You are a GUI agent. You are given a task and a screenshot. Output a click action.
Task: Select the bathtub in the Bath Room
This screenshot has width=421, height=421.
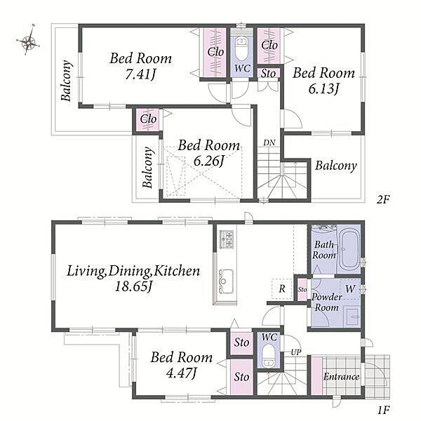pyautogui.click(x=348, y=249)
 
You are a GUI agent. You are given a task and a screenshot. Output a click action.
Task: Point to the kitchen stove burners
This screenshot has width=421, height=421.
pyautogui.click(x=227, y=239)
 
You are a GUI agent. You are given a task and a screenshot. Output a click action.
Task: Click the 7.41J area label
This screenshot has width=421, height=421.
pyautogui.click(x=140, y=74)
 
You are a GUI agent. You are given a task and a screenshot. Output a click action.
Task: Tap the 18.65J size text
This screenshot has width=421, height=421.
pyautogui.click(x=133, y=286)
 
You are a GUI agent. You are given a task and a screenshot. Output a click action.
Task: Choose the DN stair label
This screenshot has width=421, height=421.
pyautogui.click(x=269, y=143)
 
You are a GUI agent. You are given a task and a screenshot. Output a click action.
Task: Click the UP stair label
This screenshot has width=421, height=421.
pyautogui.click(x=296, y=352)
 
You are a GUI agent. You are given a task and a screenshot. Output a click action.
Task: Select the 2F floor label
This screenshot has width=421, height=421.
pyautogui.click(x=382, y=199)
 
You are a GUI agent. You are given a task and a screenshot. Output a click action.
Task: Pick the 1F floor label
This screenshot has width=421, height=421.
pyautogui.click(x=383, y=410)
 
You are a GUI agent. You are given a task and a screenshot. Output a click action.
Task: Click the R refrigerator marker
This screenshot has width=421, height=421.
pyautogui.click(x=282, y=289)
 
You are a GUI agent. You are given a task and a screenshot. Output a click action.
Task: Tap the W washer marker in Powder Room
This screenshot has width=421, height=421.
pyautogui.click(x=350, y=289)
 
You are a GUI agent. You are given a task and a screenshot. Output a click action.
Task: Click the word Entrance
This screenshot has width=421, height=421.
pyautogui.click(x=341, y=377)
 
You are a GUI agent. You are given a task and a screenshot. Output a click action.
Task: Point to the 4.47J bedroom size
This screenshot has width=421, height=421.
pyautogui.click(x=182, y=373)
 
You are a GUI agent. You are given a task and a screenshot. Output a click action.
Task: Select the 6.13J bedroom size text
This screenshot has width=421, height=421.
pyautogui.click(x=323, y=89)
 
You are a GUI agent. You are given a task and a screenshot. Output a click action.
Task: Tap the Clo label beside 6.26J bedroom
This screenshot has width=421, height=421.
pyautogui.click(x=148, y=119)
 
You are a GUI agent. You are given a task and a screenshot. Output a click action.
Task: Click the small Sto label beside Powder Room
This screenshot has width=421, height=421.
pyautogui.click(x=302, y=289)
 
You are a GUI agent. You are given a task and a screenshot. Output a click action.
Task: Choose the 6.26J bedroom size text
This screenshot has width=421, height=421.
pyautogui.click(x=208, y=161)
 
